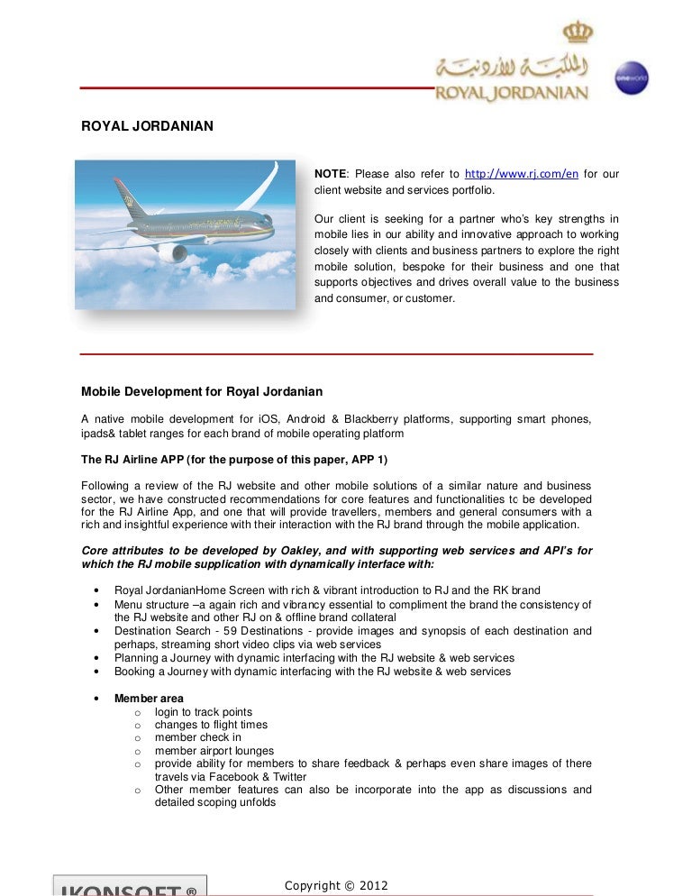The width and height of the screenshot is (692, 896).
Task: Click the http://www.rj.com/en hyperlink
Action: pyautogui.click(x=521, y=174)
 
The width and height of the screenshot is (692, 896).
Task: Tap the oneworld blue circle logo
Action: pyautogui.click(x=631, y=78)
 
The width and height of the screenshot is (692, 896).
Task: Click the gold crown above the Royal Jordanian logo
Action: pyautogui.click(x=578, y=32)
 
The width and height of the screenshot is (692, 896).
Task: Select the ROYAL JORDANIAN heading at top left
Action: pyautogui.click(x=147, y=126)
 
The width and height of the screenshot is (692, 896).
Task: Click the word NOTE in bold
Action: pyautogui.click(x=329, y=174)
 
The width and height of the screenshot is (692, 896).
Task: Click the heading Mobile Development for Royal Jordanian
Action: pyautogui.click(x=202, y=391)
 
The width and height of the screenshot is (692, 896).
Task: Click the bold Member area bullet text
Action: pyautogui.click(x=149, y=699)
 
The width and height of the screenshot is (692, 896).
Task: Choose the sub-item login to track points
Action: pyautogui.click(x=204, y=712)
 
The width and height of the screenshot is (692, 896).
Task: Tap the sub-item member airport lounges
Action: pyautogui.click(x=214, y=751)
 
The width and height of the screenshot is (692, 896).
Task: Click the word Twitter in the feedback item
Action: pyautogui.click(x=289, y=777)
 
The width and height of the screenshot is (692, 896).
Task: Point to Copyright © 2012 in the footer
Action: pyautogui.click(x=336, y=886)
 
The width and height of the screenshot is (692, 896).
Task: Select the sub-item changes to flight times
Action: pyautogui.click(x=211, y=725)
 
